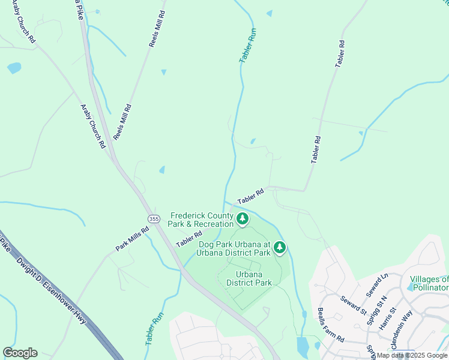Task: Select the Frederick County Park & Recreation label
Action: [200, 220]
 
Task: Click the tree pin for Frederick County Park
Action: [243, 219]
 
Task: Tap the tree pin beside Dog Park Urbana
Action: [280, 247]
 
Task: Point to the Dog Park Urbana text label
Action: [235, 248]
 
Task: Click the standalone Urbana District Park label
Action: [253, 279]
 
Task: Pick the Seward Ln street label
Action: [377, 285]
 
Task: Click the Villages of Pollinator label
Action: [429, 284]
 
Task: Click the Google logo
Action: [20, 353]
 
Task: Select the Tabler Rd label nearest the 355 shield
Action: [188, 238]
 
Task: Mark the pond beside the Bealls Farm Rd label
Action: [303, 346]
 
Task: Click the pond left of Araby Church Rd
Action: [14, 68]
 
